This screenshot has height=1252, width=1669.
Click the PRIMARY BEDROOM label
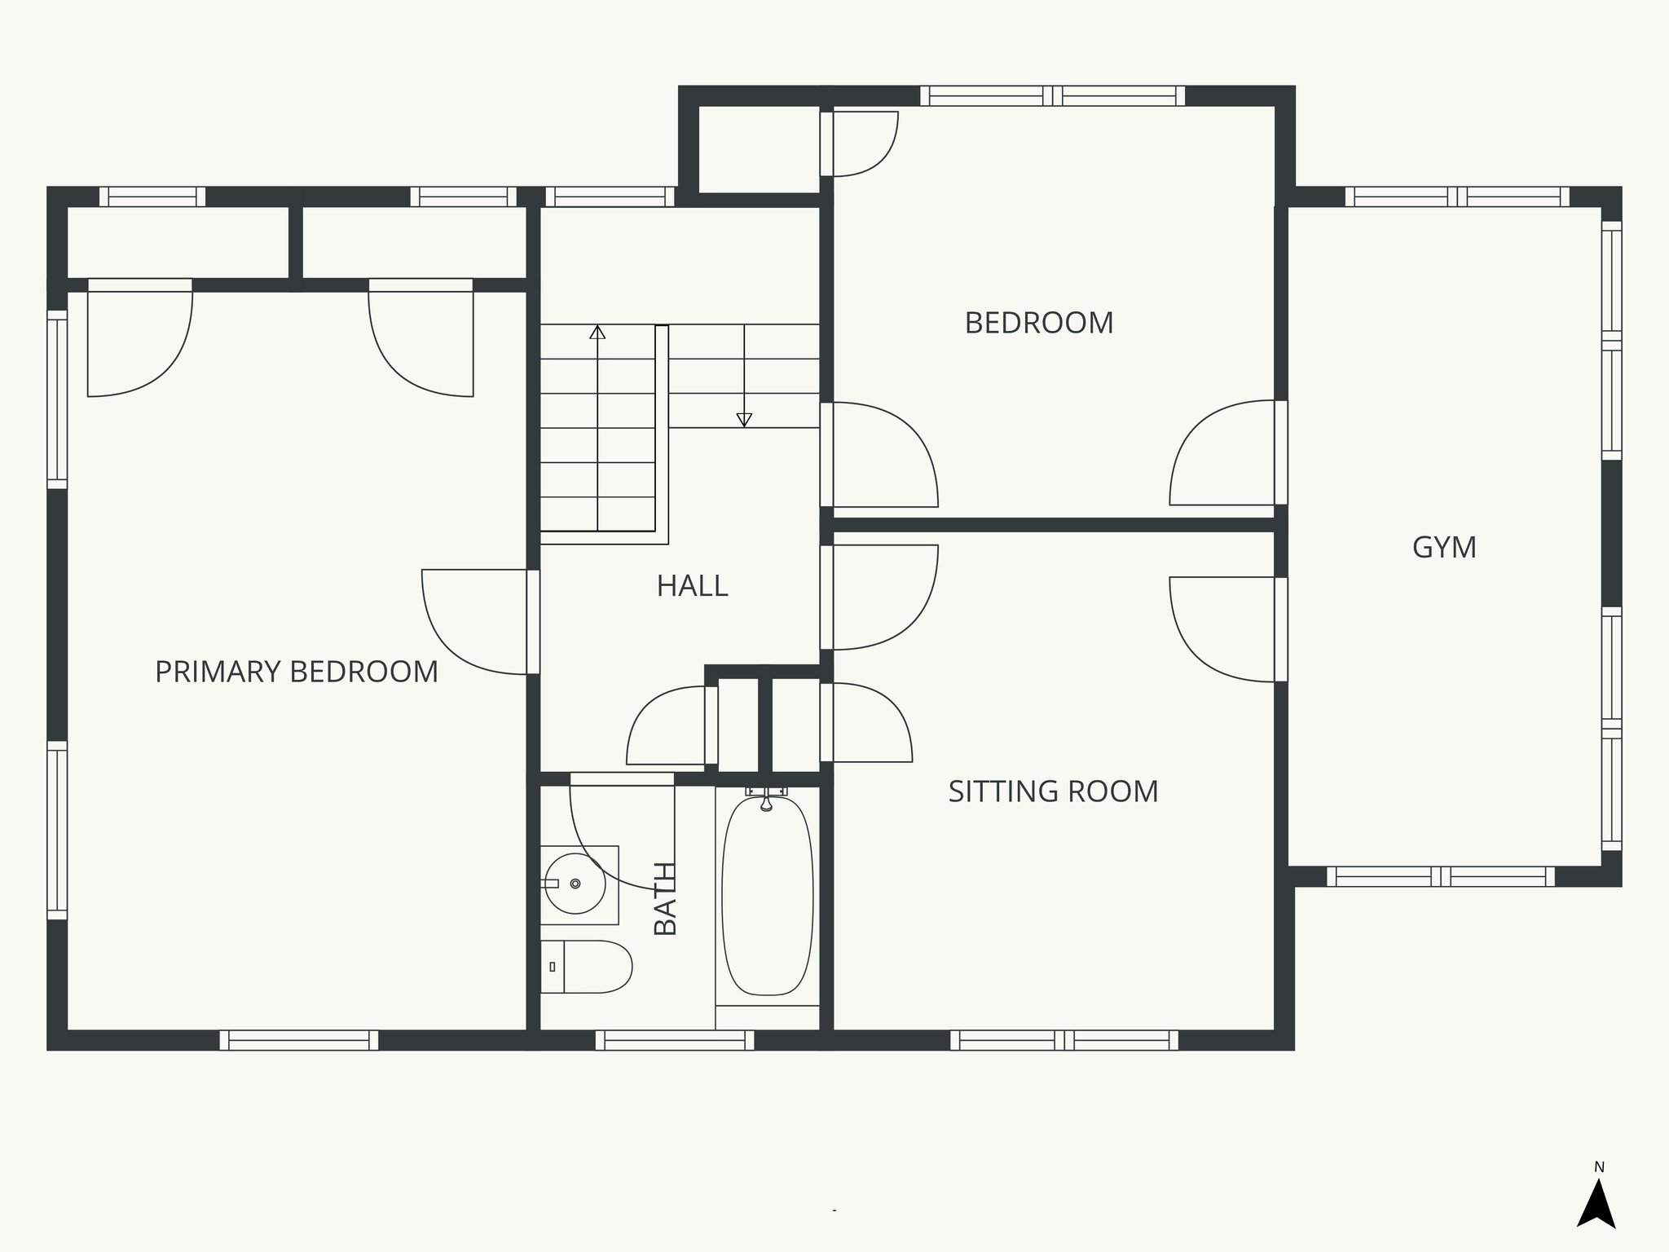(x=297, y=672)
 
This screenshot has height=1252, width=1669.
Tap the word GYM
(x=1444, y=547)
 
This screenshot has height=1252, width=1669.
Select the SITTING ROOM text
(x=1053, y=791)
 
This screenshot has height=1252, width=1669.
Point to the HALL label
(x=692, y=586)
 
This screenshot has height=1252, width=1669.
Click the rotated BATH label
(x=666, y=898)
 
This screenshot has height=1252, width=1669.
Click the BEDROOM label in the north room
(x=1039, y=323)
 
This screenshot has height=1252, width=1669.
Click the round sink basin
(x=575, y=884)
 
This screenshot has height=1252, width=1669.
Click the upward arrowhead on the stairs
(x=597, y=332)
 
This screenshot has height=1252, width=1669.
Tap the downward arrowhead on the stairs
(x=743, y=420)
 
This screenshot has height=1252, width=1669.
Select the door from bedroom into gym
(x=1222, y=453)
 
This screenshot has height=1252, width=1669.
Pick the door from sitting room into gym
(x=1222, y=629)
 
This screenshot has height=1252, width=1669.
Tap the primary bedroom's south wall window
(x=299, y=1040)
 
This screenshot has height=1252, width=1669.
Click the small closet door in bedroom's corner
(x=864, y=144)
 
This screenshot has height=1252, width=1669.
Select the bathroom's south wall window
(x=674, y=1040)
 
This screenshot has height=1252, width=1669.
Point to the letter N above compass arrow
(x=1599, y=1167)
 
